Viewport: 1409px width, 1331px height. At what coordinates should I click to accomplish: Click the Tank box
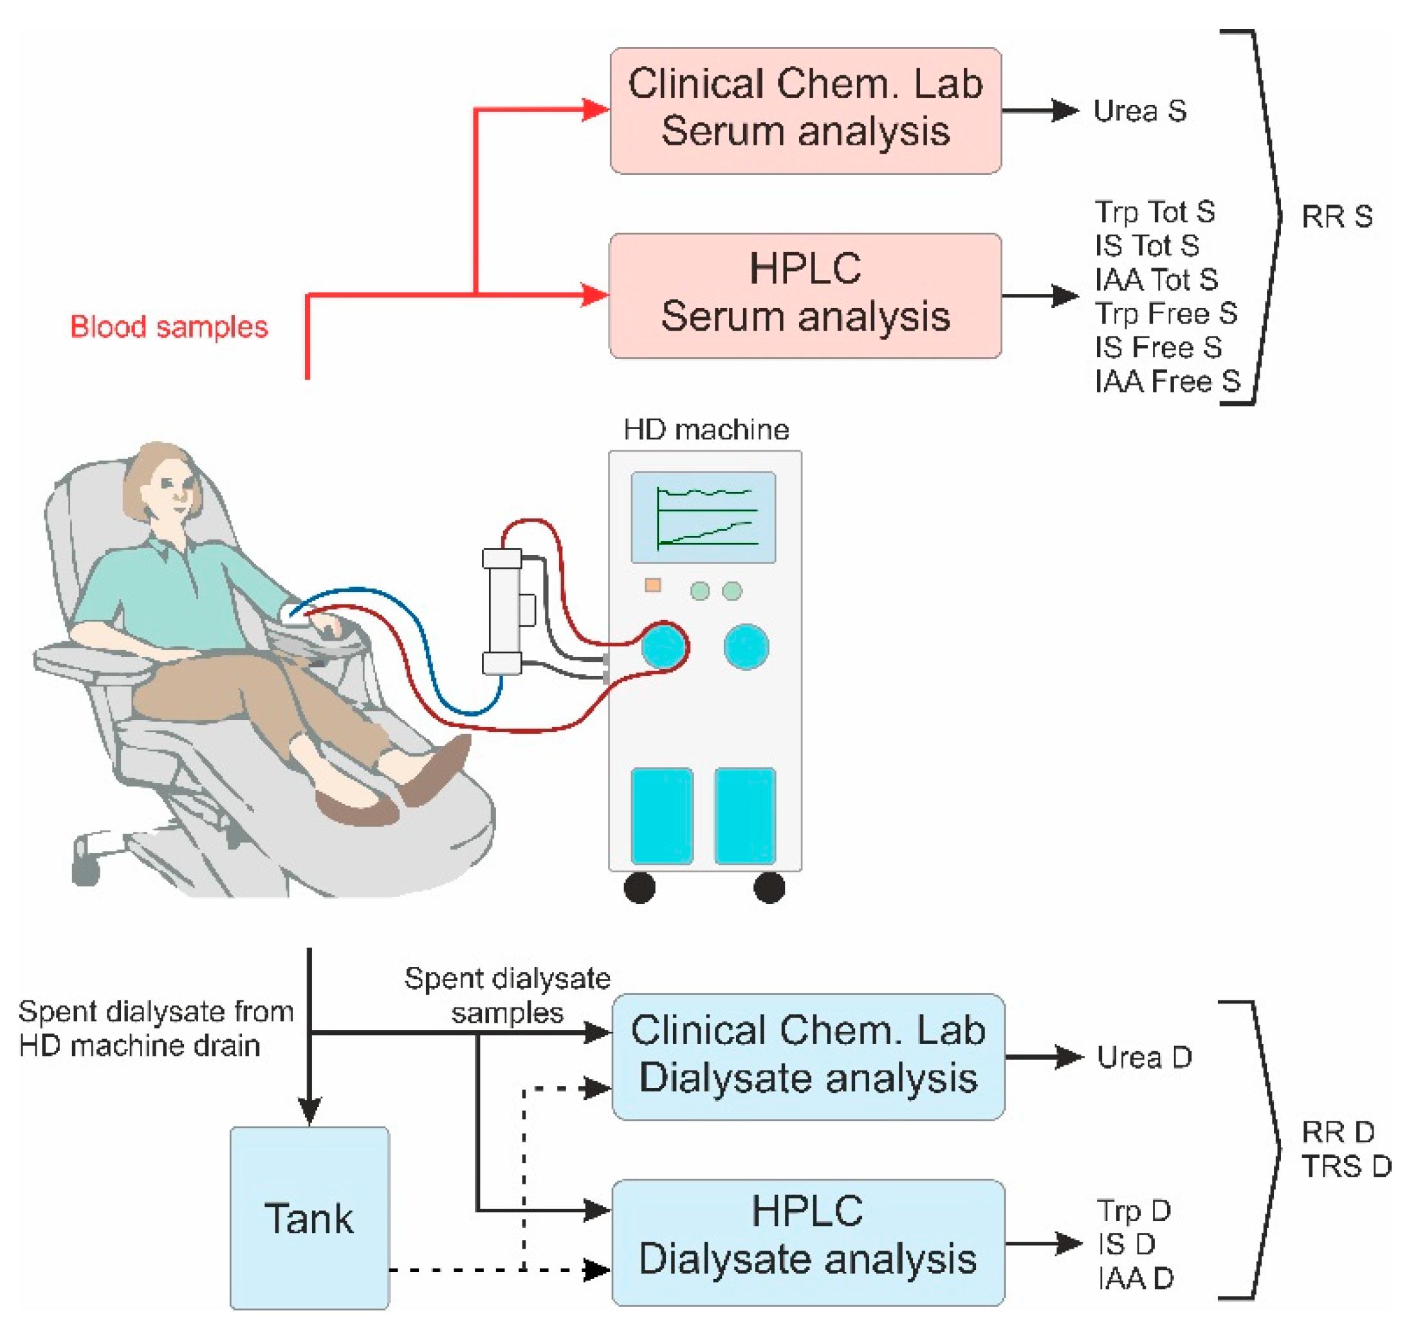(309, 1218)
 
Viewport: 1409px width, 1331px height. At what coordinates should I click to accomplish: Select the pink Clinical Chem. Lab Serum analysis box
(806, 111)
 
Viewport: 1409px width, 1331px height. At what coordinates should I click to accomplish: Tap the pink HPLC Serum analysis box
(806, 296)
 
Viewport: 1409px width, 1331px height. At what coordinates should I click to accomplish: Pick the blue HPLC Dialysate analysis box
(808, 1242)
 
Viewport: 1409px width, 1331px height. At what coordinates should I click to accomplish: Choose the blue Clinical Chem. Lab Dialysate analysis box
(808, 1057)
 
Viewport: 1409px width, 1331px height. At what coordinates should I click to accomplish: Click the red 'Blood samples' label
(169, 327)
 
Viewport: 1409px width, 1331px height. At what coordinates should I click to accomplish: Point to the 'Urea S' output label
(1139, 111)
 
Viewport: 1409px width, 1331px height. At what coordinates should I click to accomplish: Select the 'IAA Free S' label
(1167, 381)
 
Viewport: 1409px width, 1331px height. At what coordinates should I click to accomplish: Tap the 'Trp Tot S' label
(1154, 212)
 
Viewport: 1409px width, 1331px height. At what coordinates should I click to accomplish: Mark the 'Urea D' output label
(1144, 1057)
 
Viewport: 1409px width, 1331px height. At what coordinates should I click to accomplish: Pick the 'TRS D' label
(1346, 1166)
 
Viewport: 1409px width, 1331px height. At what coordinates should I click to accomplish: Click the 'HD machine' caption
(706, 429)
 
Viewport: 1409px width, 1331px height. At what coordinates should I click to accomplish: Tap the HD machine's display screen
(703, 517)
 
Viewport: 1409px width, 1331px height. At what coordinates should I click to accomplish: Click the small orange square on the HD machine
(653, 585)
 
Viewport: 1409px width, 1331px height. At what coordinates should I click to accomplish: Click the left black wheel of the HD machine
(640, 888)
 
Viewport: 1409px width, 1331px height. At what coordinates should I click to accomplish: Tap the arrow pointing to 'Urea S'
(1040, 111)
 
